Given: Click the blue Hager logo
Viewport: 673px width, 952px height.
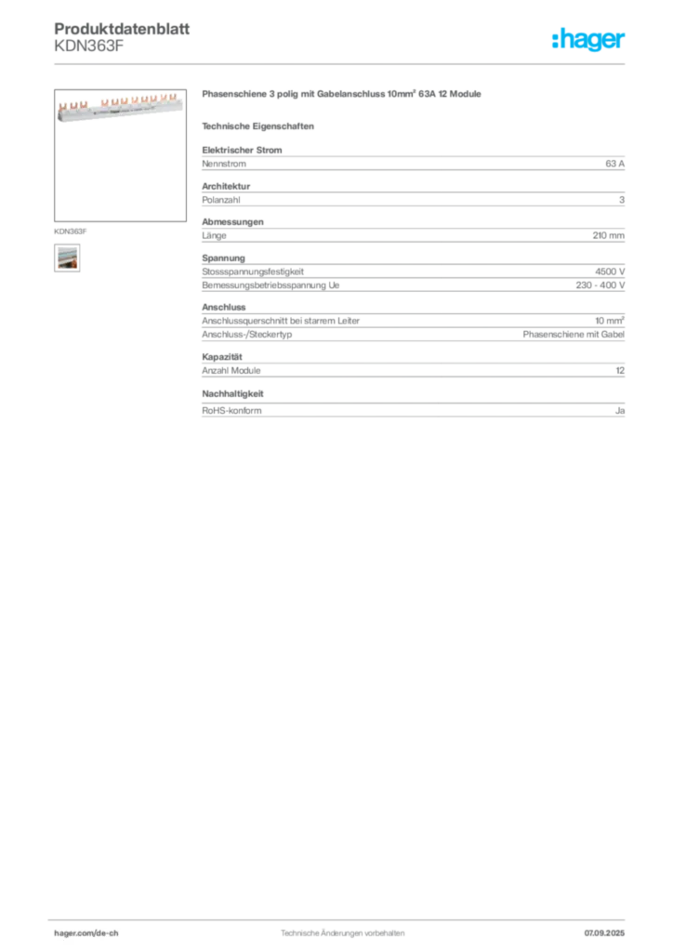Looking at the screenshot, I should tap(589, 41).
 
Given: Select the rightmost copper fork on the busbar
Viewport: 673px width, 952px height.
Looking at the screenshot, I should tap(172, 96).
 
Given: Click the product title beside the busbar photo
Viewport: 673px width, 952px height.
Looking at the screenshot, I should tap(341, 97).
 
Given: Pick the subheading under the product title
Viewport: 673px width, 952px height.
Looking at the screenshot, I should tap(260, 126).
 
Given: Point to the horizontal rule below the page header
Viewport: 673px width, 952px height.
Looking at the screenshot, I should tap(342, 63).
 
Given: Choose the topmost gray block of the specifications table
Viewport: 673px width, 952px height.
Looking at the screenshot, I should tap(412, 162).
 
